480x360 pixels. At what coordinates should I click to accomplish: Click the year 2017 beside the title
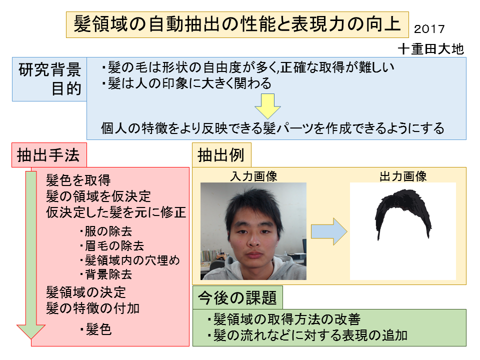point(429,29)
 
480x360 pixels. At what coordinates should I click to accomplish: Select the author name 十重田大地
point(430,49)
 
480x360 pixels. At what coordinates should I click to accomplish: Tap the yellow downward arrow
point(267,106)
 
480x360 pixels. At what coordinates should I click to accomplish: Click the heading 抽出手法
point(48,155)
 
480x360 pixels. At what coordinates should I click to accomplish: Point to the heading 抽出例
point(221,155)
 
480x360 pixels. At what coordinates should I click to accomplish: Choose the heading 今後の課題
point(237,297)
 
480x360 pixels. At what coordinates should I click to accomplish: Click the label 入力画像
point(254,176)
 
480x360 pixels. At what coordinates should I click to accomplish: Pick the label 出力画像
point(403,176)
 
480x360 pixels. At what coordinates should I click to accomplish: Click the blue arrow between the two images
point(329,231)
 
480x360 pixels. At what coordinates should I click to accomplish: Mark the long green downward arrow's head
point(31,331)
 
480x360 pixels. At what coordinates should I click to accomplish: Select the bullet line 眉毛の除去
point(111,245)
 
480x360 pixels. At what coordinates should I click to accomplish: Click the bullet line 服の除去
point(106,231)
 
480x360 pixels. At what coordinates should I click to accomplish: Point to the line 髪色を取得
point(78,180)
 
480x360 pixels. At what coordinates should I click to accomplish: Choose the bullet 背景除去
point(106,274)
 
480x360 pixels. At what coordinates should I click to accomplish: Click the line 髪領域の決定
point(86,292)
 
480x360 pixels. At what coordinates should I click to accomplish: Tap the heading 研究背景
point(50,69)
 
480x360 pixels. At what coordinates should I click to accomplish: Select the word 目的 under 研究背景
point(66,89)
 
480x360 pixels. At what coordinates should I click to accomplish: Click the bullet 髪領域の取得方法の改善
point(284,319)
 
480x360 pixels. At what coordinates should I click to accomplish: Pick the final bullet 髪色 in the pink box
point(96,329)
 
